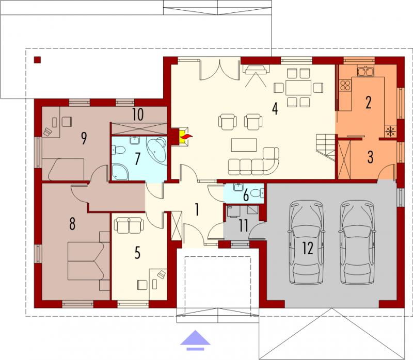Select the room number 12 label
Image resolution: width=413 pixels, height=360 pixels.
(x=307, y=248)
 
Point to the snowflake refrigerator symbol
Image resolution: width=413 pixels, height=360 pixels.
(x=390, y=131)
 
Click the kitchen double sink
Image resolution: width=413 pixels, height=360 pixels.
(x=366, y=71)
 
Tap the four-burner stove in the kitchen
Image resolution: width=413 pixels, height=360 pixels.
(x=345, y=85)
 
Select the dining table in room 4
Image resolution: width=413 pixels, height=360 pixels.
(x=298, y=88)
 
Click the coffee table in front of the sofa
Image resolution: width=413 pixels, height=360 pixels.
(x=244, y=145)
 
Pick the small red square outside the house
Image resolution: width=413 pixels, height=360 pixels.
(x=37, y=60)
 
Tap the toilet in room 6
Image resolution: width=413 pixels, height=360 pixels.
(x=257, y=193)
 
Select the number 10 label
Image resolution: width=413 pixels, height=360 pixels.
(x=138, y=114)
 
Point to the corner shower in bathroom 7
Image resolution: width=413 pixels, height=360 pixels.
(x=120, y=172)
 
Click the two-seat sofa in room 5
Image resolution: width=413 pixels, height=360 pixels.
(x=129, y=225)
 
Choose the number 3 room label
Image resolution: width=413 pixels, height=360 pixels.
(x=370, y=157)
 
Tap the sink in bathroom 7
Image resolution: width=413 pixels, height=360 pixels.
(x=135, y=140)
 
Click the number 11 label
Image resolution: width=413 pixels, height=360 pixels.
(x=243, y=226)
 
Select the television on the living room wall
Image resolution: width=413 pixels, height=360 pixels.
(x=256, y=70)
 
